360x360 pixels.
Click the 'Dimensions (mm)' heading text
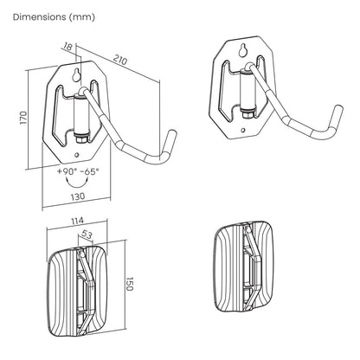(54, 17)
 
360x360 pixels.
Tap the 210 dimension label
(120, 60)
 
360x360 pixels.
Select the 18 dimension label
(67, 47)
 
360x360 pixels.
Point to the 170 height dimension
(23, 118)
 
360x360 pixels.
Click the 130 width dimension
(78, 196)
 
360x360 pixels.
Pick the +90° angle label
(67, 171)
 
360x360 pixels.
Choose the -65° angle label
(89, 171)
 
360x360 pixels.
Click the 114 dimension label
(77, 221)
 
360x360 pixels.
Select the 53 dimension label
(86, 235)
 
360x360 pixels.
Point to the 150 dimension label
(130, 284)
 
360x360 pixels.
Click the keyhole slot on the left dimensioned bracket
(76, 75)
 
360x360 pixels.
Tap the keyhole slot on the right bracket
(243, 50)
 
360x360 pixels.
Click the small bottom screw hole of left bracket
(76, 155)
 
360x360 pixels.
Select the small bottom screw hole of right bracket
(243, 131)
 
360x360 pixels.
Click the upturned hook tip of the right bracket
(338, 112)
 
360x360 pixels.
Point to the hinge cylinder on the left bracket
(81, 116)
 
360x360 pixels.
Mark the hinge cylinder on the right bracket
(248, 92)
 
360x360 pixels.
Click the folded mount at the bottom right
(244, 267)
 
